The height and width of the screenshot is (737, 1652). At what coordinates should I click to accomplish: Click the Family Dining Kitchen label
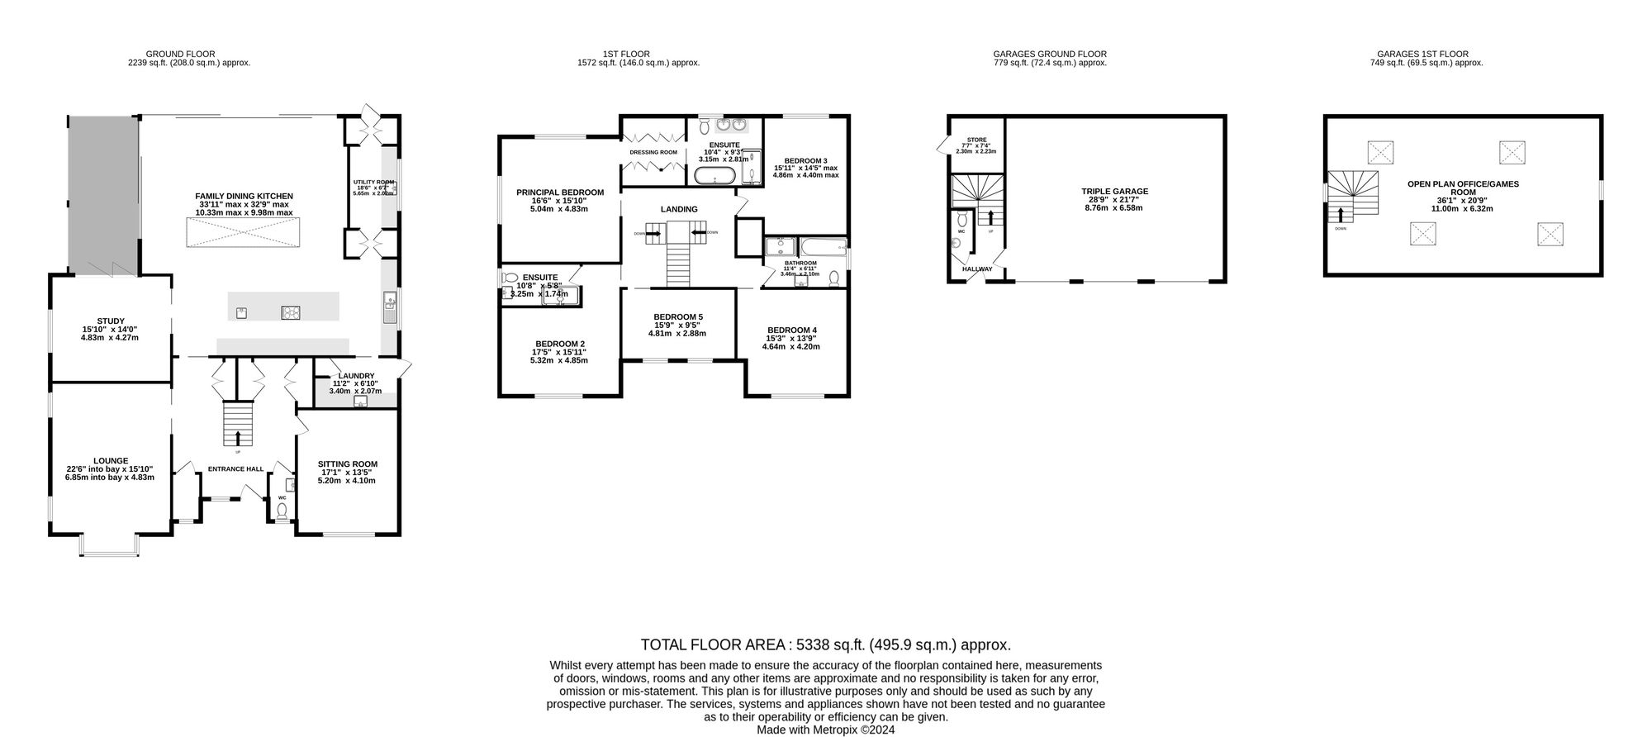(x=244, y=196)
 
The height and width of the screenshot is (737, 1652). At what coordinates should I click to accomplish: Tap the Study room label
(x=110, y=321)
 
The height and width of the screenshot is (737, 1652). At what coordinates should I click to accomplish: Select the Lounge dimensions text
(x=110, y=473)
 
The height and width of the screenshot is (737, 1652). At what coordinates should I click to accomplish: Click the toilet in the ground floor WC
(x=282, y=511)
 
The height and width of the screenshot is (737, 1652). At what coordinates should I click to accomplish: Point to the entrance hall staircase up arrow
(x=239, y=438)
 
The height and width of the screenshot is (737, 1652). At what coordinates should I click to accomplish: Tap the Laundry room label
(x=355, y=376)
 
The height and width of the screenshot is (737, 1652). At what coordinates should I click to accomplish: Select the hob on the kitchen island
(x=292, y=312)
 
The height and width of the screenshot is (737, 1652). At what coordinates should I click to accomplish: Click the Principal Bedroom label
(x=560, y=193)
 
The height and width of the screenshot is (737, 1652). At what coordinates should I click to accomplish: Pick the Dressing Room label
(x=653, y=153)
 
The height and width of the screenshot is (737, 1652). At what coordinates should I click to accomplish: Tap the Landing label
(x=679, y=210)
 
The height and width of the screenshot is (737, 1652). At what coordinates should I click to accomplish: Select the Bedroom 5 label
(x=678, y=316)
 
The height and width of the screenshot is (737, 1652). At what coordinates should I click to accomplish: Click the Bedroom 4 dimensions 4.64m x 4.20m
(x=791, y=347)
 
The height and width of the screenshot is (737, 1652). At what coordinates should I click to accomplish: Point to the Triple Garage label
(x=1114, y=192)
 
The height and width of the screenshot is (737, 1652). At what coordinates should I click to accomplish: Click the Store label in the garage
(x=976, y=140)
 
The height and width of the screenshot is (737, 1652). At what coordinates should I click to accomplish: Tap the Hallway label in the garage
(x=977, y=269)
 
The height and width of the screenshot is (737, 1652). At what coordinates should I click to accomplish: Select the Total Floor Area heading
(x=826, y=645)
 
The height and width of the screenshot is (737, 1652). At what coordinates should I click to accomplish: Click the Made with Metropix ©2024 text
(x=826, y=730)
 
